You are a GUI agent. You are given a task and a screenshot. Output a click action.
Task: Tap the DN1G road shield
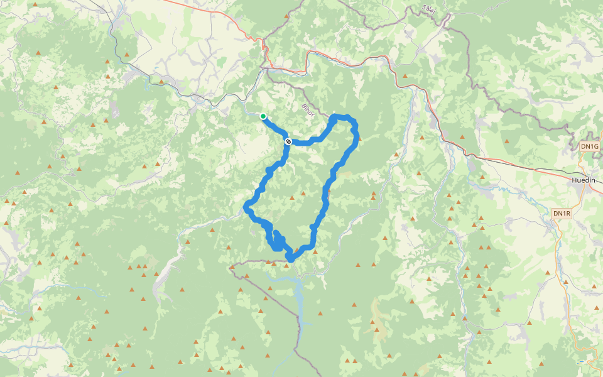590,146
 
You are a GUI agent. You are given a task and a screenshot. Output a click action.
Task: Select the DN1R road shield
562,214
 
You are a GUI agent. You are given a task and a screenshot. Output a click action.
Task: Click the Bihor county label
307,110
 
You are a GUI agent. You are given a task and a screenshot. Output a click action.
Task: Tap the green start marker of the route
263,116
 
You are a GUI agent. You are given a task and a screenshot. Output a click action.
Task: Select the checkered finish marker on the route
288,141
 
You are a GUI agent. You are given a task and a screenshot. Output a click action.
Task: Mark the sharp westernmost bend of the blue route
246,207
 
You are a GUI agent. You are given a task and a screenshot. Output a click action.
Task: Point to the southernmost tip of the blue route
290,259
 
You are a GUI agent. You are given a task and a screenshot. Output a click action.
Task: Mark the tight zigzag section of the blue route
276,242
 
